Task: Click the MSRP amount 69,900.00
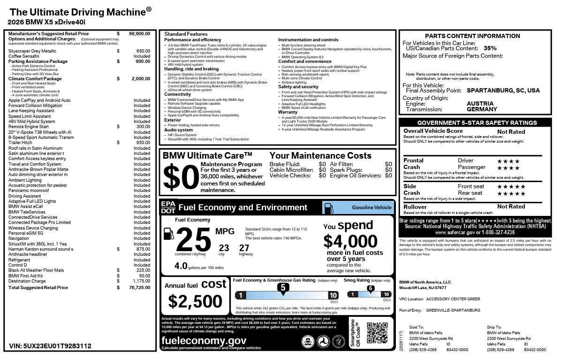(x=139, y=34)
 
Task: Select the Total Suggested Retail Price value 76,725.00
(x=139, y=288)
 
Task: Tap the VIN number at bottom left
(x=50, y=346)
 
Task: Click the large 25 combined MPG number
(x=193, y=239)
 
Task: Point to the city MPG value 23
(x=224, y=248)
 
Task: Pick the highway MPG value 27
(x=244, y=248)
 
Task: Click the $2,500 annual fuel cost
(x=191, y=301)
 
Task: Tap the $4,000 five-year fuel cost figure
(x=350, y=241)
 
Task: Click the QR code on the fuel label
(x=377, y=333)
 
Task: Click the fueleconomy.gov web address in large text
(x=204, y=341)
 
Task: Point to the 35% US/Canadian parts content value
(x=490, y=48)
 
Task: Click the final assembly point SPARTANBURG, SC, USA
(x=503, y=91)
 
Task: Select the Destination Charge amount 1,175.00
(x=140, y=281)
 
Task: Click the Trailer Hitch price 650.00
(x=143, y=143)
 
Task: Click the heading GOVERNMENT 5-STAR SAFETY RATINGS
(x=477, y=123)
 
